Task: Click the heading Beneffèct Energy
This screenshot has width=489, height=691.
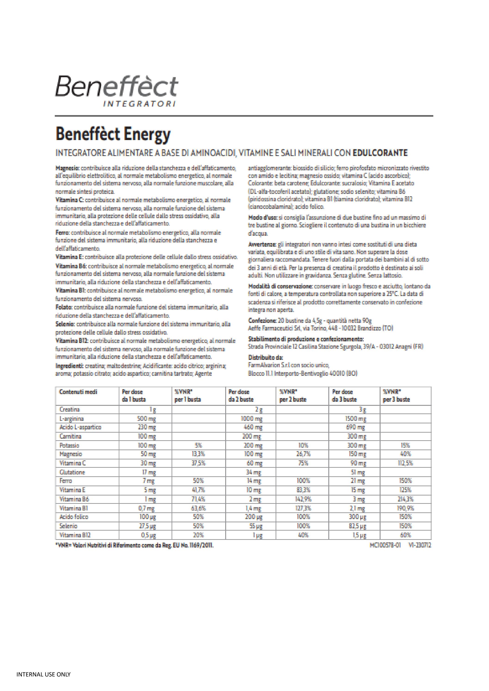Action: click(x=113, y=135)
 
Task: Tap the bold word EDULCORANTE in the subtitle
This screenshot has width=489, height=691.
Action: click(x=380, y=153)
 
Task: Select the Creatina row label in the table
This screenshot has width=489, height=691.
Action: click(x=70, y=409)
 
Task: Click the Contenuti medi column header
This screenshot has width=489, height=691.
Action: click(x=78, y=392)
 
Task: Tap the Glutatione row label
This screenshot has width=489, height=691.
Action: click(x=72, y=472)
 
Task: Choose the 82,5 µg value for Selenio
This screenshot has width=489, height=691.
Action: click(x=357, y=526)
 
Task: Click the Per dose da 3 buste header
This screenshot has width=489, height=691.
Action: click(x=344, y=395)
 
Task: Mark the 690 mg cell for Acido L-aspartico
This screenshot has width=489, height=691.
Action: click(x=357, y=427)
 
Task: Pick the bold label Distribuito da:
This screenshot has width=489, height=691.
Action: click(x=266, y=358)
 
